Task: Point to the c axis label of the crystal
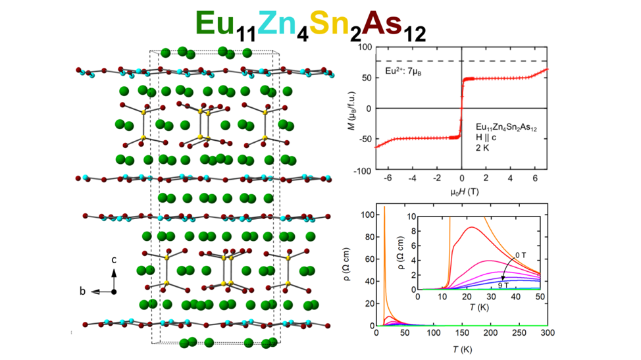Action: coord(113,260)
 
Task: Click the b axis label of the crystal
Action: coord(82,291)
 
